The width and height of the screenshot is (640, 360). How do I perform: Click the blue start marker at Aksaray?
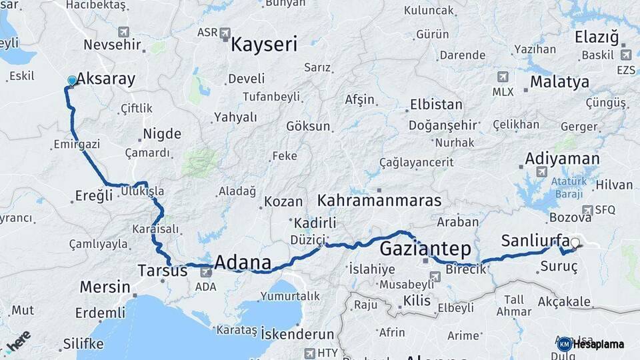click(x=72, y=81)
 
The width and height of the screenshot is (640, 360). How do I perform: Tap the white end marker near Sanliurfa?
click(x=575, y=244)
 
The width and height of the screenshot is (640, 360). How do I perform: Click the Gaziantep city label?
click(x=425, y=249)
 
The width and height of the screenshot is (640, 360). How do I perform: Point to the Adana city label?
click(x=243, y=261)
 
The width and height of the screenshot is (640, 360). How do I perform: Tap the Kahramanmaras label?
click(x=379, y=200)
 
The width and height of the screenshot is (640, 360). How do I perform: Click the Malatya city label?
click(x=559, y=82)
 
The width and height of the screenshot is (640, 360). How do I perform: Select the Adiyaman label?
click(x=562, y=159)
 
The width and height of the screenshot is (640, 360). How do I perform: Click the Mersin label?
click(x=105, y=287)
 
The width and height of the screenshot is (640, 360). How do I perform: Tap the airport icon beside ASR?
click(x=225, y=32)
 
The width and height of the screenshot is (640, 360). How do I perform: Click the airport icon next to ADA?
click(x=206, y=272)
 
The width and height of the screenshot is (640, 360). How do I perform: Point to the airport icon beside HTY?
click(x=309, y=353)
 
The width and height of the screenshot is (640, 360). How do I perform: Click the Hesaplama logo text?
click(x=599, y=345)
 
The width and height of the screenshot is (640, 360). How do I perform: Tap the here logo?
click(x=18, y=342)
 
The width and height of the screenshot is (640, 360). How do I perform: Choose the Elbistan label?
click(x=436, y=105)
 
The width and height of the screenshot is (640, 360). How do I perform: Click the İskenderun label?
click(x=297, y=333)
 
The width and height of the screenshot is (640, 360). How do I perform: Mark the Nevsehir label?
click(x=113, y=45)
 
